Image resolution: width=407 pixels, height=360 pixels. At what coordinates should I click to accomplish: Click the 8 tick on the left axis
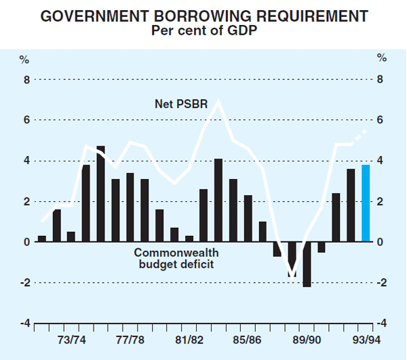click(x=26, y=79)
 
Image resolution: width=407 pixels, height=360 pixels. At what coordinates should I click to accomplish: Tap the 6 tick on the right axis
click(x=381, y=120)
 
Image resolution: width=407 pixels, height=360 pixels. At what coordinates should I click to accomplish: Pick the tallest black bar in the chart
click(x=100, y=194)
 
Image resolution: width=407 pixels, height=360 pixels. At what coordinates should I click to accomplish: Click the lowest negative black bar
click(x=307, y=264)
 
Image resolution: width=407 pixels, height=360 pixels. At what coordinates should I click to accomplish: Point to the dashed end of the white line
click(x=359, y=136)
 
